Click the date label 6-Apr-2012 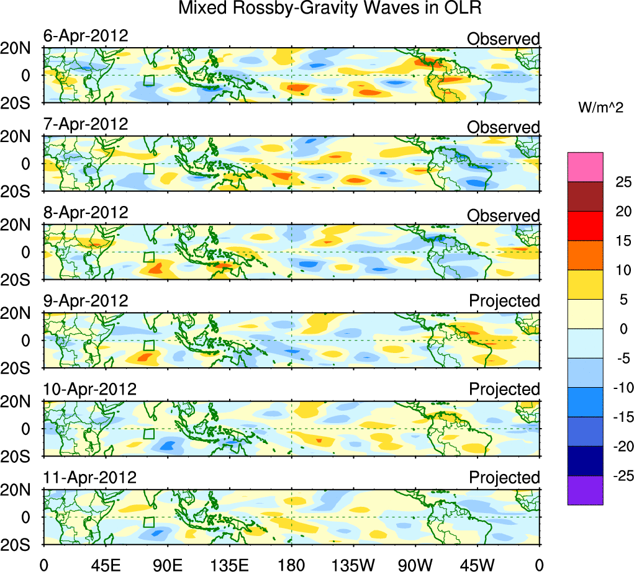click(86, 36)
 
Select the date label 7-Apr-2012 click(86, 124)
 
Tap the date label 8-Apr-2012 click(86, 213)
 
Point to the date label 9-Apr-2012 click(86, 301)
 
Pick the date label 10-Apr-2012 click(89, 390)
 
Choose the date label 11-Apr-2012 click(89, 478)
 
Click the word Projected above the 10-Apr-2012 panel click(504, 390)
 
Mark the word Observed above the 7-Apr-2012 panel click(503, 127)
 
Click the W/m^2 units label click(600, 108)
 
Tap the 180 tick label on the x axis click(291, 563)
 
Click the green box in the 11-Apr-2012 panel click(148, 522)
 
